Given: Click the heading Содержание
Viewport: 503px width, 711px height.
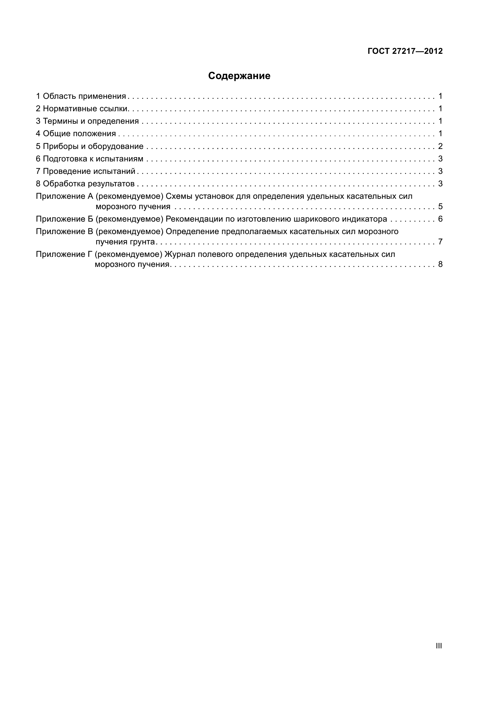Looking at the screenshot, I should pos(239,76).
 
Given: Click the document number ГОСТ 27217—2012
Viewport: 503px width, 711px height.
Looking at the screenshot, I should pos(405,51).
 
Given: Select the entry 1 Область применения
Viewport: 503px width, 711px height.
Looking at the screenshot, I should pos(81,96).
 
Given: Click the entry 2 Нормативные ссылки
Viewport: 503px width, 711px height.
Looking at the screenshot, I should pos(82,109).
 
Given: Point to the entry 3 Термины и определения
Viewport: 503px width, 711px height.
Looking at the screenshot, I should pos(87,121).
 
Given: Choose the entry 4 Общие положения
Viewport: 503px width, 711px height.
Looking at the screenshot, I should pos(76,134).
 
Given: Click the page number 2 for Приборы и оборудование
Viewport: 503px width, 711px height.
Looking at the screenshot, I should pos(440,146).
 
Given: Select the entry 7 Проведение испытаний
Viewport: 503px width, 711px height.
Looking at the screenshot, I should pos(86,171).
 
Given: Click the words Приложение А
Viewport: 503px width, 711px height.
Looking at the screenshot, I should pos(64,196).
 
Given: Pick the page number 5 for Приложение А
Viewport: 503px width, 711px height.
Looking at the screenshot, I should pos(440,206).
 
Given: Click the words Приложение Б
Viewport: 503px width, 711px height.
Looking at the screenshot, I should pos(64,219).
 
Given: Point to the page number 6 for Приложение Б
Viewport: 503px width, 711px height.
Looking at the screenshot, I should pos(440,219).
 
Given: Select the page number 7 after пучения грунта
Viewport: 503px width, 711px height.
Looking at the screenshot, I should pos(440,242).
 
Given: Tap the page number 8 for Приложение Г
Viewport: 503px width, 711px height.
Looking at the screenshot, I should pos(440,264).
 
